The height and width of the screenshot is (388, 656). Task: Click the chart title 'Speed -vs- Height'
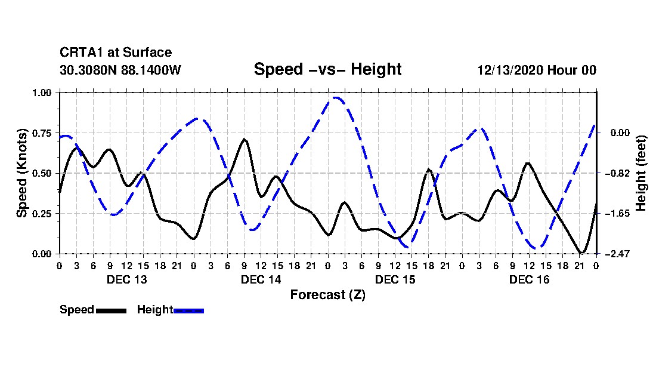pyautogui.click(x=327, y=69)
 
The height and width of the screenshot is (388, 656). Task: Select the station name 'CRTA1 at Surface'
pyautogui.click(x=116, y=53)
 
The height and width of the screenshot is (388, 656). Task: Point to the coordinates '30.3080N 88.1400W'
pyautogui.click(x=120, y=70)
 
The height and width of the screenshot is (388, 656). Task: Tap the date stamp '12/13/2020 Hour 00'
pyautogui.click(x=537, y=70)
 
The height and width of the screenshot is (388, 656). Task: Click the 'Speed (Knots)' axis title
pyautogui.click(x=22, y=173)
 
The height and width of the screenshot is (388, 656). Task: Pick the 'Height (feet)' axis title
pyautogui.click(x=641, y=173)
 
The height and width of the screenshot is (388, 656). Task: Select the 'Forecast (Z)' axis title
pyautogui.click(x=327, y=294)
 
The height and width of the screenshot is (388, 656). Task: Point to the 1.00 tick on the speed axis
pyautogui.click(x=45, y=93)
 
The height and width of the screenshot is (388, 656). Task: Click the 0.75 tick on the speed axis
pyautogui.click(x=45, y=133)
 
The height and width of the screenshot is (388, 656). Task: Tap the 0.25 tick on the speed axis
pyautogui.click(x=45, y=214)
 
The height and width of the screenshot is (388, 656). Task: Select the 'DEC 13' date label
pyautogui.click(x=126, y=279)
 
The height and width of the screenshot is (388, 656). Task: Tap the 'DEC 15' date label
pyautogui.click(x=395, y=279)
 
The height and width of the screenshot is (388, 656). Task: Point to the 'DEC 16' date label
pyautogui.click(x=529, y=279)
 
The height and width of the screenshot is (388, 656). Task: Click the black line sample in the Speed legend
pyautogui.click(x=111, y=310)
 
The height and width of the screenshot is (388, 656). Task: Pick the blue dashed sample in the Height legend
pyautogui.click(x=189, y=310)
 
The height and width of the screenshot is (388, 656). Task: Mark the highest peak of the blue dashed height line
pyautogui.click(x=336, y=97)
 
